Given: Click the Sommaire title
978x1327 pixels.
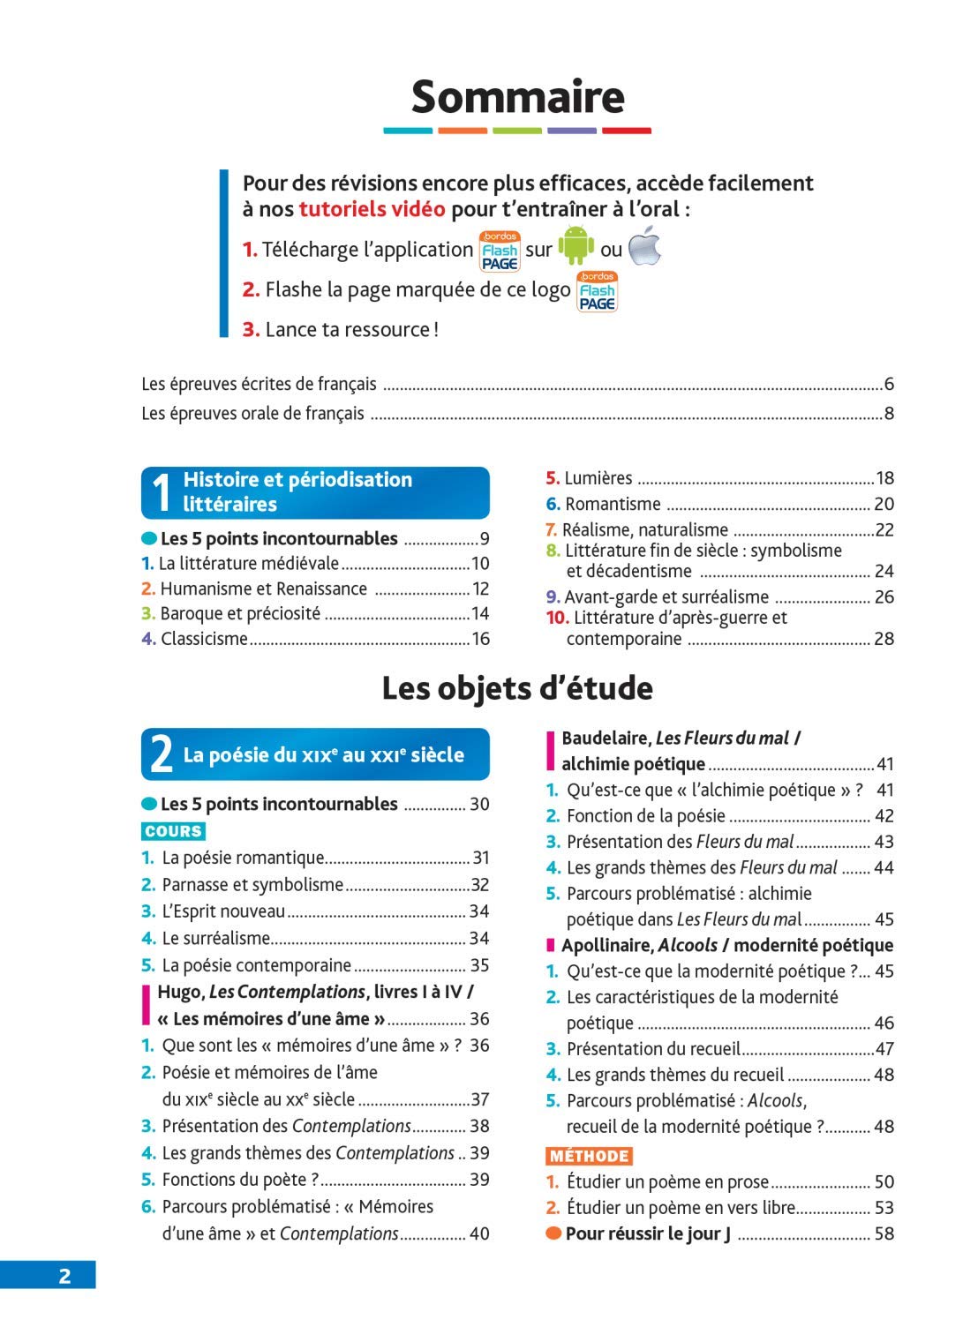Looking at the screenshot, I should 517,96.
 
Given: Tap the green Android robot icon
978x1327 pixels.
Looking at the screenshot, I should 576,245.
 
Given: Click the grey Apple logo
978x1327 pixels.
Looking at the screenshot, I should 644,245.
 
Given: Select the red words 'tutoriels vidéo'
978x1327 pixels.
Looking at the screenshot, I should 372,209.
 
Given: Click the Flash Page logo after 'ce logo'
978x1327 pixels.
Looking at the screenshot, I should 597,291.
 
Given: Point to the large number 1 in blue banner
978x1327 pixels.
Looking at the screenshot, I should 161,493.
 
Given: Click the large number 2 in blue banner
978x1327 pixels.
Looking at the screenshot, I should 161,755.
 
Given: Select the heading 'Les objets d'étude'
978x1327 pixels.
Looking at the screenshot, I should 517,688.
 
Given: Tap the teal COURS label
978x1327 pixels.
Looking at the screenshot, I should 173,831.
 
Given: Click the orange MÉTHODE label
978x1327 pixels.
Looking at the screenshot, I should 589,1156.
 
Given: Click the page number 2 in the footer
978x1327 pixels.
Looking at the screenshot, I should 64,1276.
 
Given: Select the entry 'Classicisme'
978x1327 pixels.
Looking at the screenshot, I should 204,639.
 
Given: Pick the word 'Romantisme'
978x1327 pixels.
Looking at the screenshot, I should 613,504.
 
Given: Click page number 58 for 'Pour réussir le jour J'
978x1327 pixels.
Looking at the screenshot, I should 884,1233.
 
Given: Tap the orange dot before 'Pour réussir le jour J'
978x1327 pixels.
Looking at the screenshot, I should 553,1233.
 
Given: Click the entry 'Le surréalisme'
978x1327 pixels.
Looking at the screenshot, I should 215,938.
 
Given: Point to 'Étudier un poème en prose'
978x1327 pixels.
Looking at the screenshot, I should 667,1181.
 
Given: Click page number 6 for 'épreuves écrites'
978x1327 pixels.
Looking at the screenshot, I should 889,385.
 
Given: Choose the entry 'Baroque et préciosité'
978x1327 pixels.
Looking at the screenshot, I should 240,613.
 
